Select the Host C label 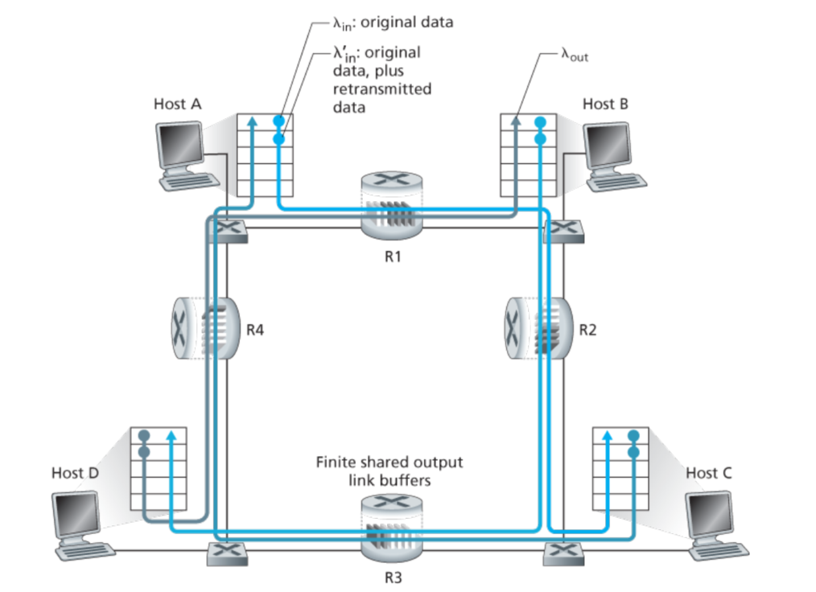pyautogui.click(x=708, y=472)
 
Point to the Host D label pyautogui.click(x=74, y=472)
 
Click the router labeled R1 pyautogui.click(x=392, y=211)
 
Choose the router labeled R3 pyautogui.click(x=392, y=527)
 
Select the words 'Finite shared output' pyautogui.click(x=389, y=462)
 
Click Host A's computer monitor pyautogui.click(x=178, y=146)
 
